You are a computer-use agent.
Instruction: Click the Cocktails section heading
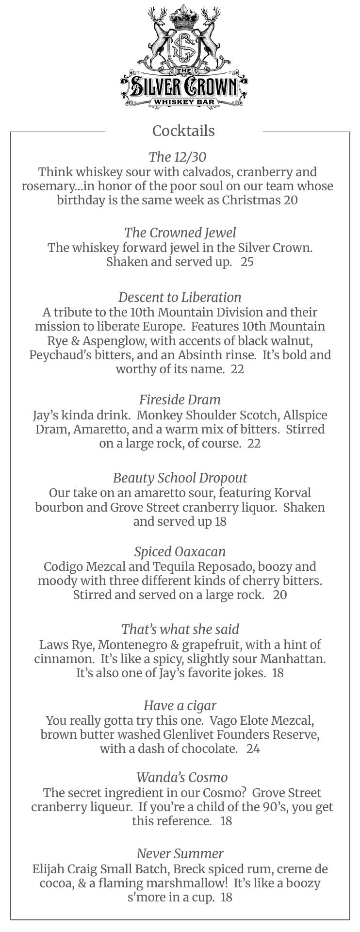[x=183, y=131]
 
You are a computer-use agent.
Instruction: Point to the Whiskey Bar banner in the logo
[x=183, y=102]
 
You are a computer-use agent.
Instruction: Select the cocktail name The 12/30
[x=178, y=157]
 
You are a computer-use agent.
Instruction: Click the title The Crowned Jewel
[x=180, y=233]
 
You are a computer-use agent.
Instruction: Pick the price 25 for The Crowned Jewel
[x=247, y=262]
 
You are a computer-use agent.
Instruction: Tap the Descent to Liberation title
[x=180, y=297]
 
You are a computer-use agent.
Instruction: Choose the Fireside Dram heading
[x=180, y=399]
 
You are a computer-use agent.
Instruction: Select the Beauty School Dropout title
[x=180, y=478]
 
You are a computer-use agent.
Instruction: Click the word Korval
[x=293, y=493]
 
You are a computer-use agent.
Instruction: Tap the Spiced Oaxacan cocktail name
[x=180, y=551]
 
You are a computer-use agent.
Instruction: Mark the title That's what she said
[x=180, y=629]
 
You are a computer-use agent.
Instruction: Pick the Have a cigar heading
[x=180, y=705]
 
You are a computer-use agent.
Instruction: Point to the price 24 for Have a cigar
[x=253, y=749]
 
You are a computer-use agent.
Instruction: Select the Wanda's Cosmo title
[x=182, y=777]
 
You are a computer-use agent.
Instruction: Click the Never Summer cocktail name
[x=180, y=853]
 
